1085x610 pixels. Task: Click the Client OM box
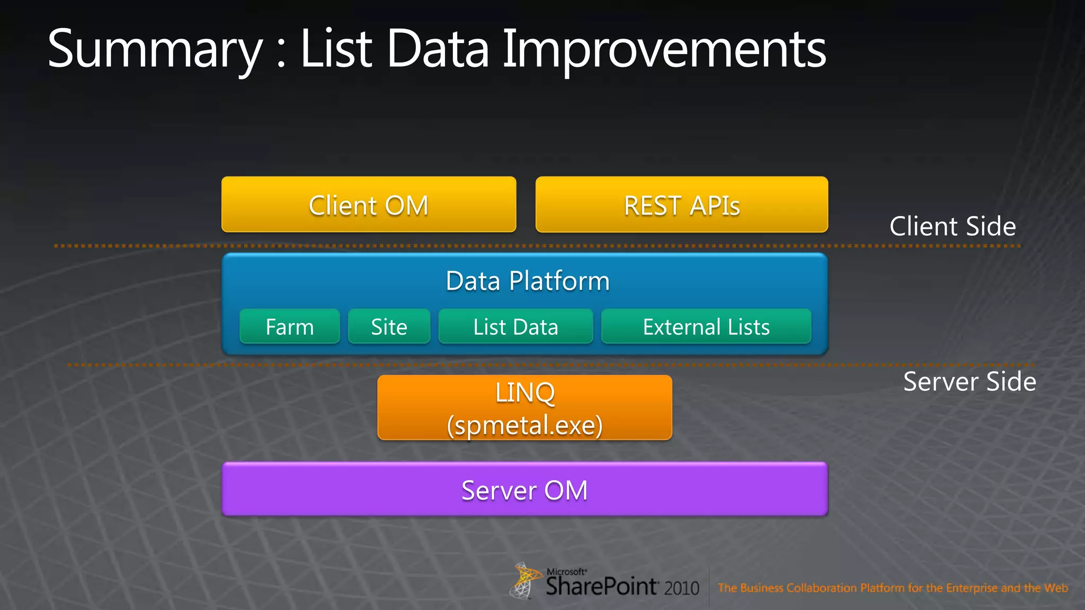coord(369,205)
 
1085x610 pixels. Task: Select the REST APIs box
coord(681,205)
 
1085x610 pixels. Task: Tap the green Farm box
coord(289,327)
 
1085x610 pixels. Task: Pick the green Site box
coord(389,327)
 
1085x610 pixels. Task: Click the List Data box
coord(515,327)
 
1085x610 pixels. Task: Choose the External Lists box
coord(706,327)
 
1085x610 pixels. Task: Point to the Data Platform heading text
coord(527,281)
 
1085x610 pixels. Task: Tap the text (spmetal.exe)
coord(524,425)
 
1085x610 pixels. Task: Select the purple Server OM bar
coord(524,490)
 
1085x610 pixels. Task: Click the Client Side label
coord(952,226)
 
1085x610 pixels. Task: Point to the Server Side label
coord(969,381)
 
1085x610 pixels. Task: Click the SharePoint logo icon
coord(524,580)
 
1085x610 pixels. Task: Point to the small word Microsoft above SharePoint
coord(566,572)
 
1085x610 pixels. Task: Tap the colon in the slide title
coord(281,54)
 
